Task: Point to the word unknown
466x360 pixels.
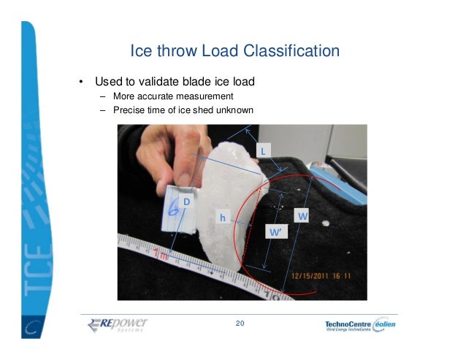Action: click(x=233, y=110)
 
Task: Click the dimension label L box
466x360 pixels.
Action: click(x=264, y=150)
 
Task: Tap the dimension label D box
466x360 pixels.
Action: click(x=186, y=201)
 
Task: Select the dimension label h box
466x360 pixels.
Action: click(x=222, y=218)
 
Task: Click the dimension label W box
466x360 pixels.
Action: click(x=302, y=217)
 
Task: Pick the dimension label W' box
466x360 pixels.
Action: click(x=275, y=232)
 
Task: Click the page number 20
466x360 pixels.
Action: click(x=240, y=323)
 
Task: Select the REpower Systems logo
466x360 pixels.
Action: click(x=118, y=324)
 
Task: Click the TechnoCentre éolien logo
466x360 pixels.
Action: click(x=363, y=325)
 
